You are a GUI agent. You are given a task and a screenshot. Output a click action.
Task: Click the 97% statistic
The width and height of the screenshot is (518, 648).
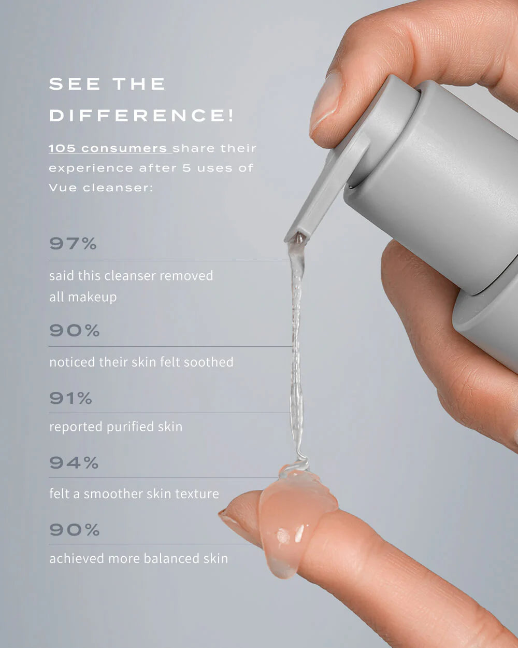click(73, 244)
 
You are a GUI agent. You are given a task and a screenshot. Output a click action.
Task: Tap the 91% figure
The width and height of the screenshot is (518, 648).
click(71, 398)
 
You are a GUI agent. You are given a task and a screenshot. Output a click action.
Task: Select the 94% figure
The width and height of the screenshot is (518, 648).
click(74, 462)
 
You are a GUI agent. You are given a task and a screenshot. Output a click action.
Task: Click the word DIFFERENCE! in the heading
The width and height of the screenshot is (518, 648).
click(141, 115)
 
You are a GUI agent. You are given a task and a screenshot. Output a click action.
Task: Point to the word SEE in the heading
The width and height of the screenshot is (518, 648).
click(75, 83)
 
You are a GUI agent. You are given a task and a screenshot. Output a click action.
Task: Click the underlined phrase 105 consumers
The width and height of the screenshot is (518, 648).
click(108, 148)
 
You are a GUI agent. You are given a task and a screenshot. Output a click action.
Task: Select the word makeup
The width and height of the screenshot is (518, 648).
click(92, 298)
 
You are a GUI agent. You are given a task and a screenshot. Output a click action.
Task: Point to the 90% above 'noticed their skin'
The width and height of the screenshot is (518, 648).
click(75, 330)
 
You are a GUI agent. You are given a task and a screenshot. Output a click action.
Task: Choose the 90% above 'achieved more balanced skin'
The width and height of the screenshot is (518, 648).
click(75, 530)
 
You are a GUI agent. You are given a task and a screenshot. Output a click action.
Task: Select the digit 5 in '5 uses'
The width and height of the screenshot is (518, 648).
click(186, 168)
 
